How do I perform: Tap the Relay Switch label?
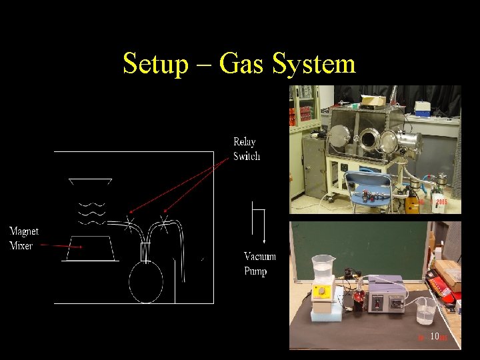point(246,149)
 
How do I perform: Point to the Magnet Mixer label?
point(24,238)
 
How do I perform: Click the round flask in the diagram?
point(145,282)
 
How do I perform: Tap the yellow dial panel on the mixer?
point(324,292)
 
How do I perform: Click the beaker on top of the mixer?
point(323,268)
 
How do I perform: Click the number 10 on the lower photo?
point(435,337)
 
